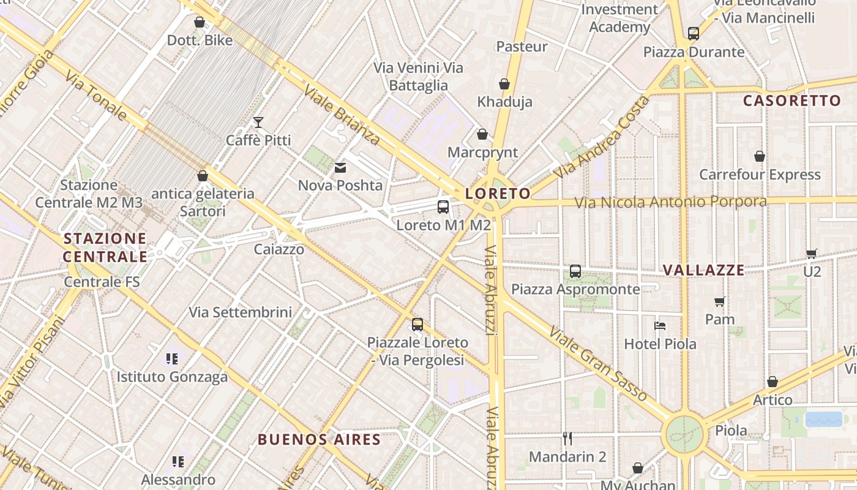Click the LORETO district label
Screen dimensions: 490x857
click(x=498, y=194)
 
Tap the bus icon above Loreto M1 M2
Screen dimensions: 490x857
click(x=443, y=207)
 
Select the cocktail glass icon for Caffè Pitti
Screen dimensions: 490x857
click(x=258, y=123)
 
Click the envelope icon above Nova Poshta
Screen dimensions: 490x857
click(x=340, y=167)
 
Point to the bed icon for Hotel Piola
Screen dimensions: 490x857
click(x=660, y=326)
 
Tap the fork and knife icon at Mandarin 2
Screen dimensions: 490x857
click(x=567, y=438)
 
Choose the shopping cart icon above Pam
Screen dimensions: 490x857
click(x=720, y=301)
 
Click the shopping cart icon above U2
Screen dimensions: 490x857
click(x=812, y=254)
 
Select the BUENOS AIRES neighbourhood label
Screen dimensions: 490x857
click(x=319, y=439)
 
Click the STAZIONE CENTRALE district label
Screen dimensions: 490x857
click(x=105, y=247)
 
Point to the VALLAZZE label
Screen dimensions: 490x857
click(x=704, y=270)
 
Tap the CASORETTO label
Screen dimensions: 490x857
click(x=792, y=101)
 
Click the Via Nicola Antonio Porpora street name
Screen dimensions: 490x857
click(x=670, y=202)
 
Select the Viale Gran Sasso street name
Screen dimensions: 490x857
click(x=597, y=364)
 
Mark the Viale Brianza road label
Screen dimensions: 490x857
click(x=342, y=116)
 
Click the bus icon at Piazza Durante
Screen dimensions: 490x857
click(x=694, y=34)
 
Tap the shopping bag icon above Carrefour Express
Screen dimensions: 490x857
click(x=760, y=157)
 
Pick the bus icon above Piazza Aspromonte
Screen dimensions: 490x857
click(x=575, y=271)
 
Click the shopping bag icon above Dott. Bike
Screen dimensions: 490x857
click(x=200, y=23)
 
